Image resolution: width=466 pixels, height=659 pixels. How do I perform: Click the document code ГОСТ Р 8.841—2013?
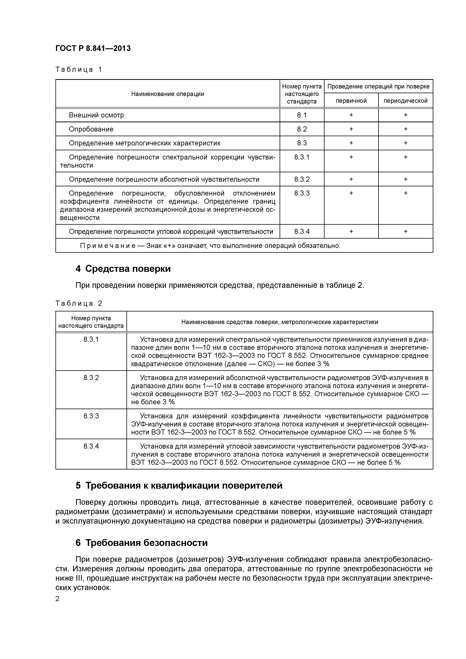(x=93, y=48)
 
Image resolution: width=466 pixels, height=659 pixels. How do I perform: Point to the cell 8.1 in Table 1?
(x=302, y=115)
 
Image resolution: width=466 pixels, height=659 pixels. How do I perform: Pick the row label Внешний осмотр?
(x=96, y=115)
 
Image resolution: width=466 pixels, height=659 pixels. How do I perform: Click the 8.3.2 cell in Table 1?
(x=302, y=179)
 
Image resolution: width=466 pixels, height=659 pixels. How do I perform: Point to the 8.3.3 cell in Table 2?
(x=91, y=416)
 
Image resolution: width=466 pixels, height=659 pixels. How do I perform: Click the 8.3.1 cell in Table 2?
(x=91, y=339)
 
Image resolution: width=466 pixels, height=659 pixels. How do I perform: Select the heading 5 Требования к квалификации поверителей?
(x=179, y=485)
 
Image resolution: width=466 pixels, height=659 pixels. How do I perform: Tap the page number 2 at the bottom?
(x=57, y=599)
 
